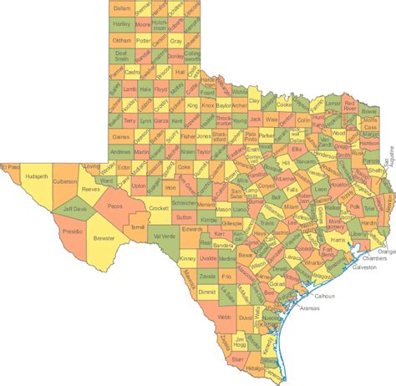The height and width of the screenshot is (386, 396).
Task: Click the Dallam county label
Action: click(122, 8)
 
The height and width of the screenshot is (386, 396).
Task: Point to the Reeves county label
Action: click(89, 190)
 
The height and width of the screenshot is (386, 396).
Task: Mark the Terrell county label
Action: click(138, 226)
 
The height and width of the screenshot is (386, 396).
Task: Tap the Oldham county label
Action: click(121, 40)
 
